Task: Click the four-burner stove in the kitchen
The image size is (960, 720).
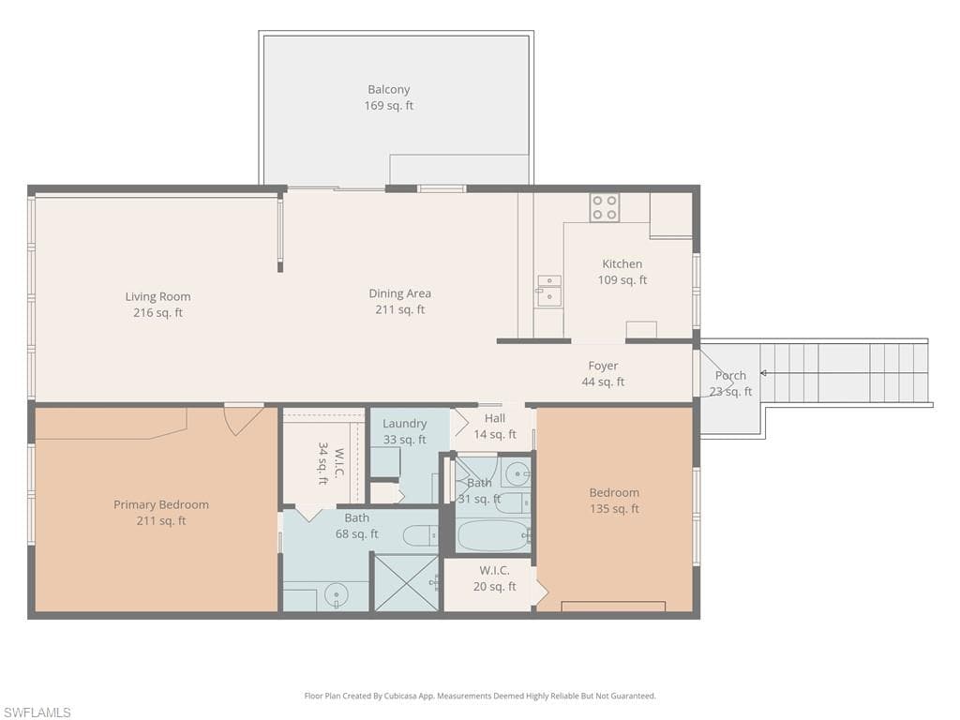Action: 604,207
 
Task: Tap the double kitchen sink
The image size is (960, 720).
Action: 549,291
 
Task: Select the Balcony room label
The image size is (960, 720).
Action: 388,90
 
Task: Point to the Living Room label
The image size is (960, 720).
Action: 157,297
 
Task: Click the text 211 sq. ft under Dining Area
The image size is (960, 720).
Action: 400,309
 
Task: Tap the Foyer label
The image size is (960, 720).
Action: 603,366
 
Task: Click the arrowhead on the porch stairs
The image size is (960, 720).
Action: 763,373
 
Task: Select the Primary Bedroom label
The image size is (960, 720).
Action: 161,504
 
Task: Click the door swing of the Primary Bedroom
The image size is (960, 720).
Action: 242,418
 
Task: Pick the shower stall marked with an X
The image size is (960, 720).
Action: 406,582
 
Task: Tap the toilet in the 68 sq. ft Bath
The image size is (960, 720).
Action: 419,535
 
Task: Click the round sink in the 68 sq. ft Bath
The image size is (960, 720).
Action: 335,594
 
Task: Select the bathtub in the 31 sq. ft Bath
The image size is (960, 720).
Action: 493,534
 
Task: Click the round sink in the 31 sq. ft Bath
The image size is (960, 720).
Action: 517,472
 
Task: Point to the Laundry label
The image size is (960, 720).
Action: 404,424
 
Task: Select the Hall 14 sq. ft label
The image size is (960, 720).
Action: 494,426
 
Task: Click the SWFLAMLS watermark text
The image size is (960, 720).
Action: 37,712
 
